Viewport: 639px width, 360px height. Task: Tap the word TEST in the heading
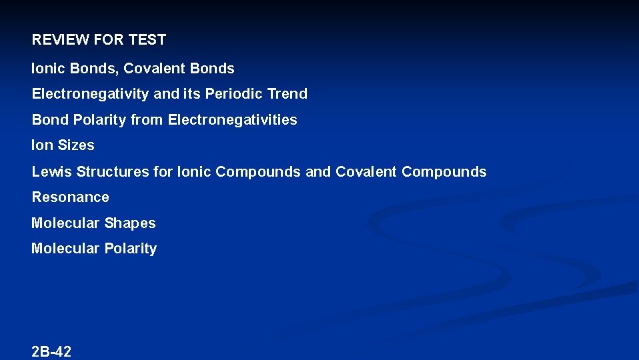(147, 40)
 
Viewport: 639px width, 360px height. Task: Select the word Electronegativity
(91, 94)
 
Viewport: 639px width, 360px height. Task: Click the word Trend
(287, 94)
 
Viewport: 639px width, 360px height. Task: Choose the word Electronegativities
(232, 120)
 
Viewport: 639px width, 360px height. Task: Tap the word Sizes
(76, 145)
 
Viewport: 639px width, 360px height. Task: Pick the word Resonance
(70, 197)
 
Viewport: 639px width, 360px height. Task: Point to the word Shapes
(129, 223)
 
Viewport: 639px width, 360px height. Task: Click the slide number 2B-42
(51, 352)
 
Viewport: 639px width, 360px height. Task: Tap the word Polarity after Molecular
(130, 249)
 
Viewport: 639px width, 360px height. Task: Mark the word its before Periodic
(192, 94)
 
